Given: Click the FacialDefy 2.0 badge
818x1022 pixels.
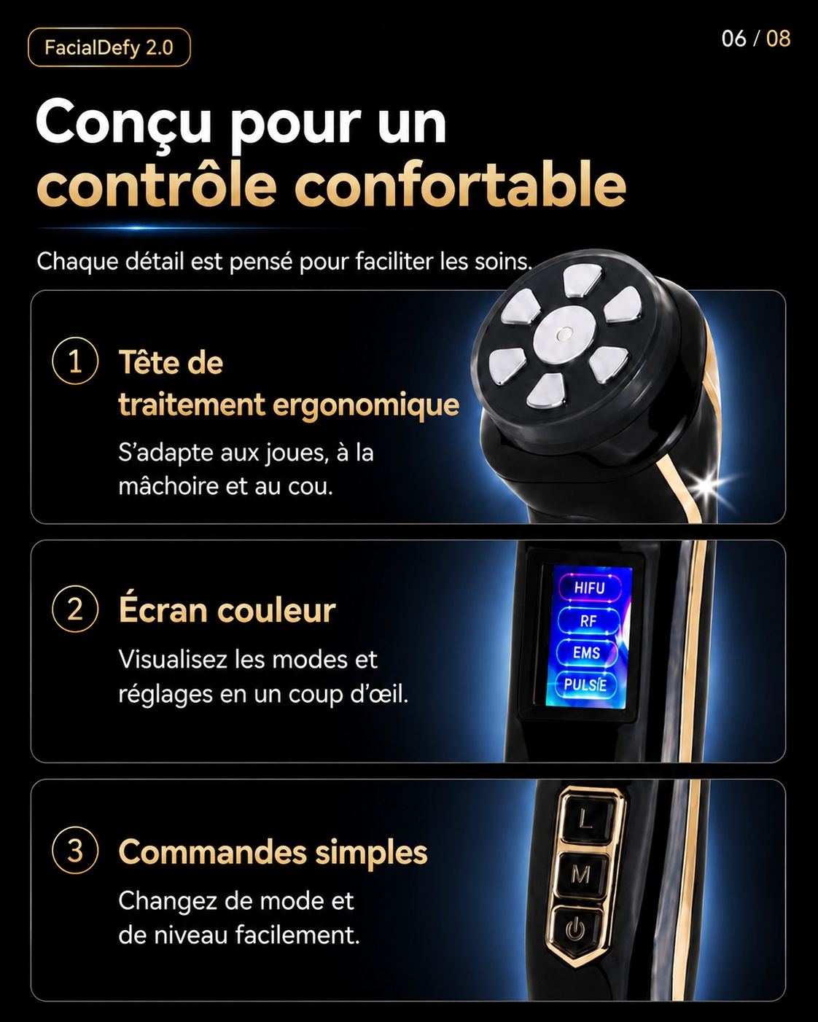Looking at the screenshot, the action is click(109, 47).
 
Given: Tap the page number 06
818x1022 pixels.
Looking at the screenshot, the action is click(734, 39).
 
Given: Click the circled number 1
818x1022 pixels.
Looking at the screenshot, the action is click(75, 360).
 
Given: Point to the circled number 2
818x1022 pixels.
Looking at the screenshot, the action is click(75, 609).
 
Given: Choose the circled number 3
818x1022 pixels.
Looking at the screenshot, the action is click(75, 851).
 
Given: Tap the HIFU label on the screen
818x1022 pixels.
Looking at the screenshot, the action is click(590, 588).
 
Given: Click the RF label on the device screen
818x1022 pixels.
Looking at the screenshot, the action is click(588, 620).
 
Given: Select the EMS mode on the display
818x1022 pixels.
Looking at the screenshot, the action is click(587, 653).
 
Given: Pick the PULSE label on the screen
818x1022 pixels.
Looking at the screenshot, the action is click(585, 684).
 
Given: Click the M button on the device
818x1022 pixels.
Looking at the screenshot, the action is click(580, 874).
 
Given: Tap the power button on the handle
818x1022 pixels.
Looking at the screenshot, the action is click(575, 929).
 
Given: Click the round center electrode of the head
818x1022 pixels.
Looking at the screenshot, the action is click(564, 333).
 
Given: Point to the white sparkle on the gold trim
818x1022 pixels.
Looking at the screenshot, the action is click(707, 485).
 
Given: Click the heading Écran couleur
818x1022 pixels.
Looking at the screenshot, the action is click(227, 609).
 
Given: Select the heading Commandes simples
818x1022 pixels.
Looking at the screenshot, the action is click(273, 852).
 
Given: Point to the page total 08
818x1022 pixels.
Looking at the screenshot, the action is click(779, 39).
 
